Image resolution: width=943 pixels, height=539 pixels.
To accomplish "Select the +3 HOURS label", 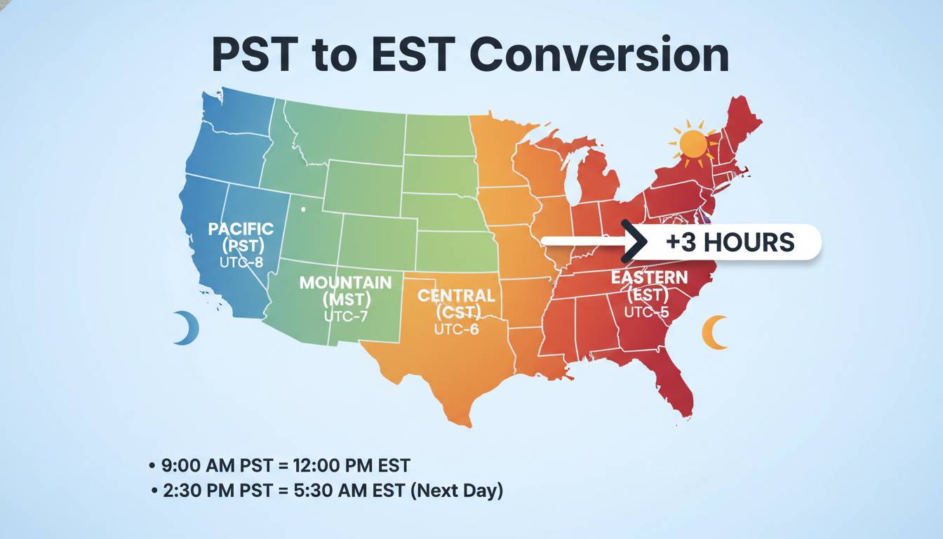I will click(x=730, y=242).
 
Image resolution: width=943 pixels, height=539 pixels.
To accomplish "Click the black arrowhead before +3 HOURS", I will click(x=636, y=241).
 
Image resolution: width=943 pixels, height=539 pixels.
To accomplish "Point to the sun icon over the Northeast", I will click(x=693, y=143).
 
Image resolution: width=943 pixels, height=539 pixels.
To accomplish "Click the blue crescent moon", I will click(x=187, y=328).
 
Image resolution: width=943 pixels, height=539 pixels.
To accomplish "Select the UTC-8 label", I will click(x=240, y=262).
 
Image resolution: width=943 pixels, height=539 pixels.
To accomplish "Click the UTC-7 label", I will click(x=346, y=316).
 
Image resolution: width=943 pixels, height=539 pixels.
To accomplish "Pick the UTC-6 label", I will click(x=456, y=328).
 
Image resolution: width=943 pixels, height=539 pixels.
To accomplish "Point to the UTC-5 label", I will click(x=646, y=312).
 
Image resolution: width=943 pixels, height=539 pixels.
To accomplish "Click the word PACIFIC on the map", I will click(x=241, y=229).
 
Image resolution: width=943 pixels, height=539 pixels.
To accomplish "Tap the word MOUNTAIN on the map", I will click(x=345, y=283).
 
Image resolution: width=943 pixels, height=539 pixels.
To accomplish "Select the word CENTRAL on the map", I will click(x=456, y=295).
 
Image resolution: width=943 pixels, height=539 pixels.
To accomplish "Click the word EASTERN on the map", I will click(x=649, y=277).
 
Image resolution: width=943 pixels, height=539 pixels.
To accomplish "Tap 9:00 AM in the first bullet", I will click(x=193, y=465).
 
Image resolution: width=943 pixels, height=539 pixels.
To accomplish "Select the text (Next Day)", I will click(x=456, y=491).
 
